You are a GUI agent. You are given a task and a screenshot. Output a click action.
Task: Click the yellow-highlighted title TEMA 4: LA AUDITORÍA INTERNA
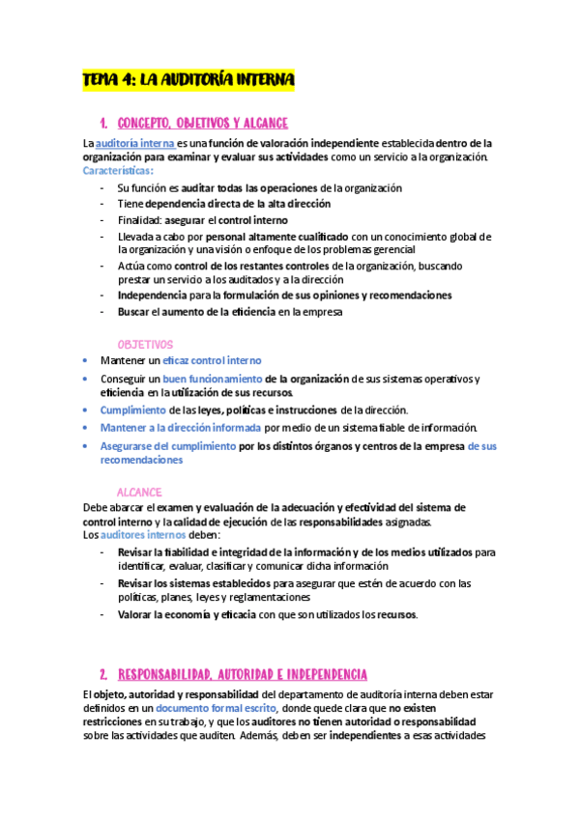pos(188,79)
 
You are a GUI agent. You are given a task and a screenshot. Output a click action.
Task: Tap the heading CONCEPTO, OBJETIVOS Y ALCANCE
pos(202,124)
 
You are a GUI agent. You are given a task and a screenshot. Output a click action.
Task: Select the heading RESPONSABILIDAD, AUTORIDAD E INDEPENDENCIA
pos(242,673)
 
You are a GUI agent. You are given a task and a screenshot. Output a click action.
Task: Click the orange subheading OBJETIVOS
pos(145,344)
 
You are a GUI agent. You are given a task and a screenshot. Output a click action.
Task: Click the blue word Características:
pos(118,171)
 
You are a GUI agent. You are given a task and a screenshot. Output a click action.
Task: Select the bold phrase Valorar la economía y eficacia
pos(192,615)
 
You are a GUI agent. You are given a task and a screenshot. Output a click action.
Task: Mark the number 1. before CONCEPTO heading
pos(102,124)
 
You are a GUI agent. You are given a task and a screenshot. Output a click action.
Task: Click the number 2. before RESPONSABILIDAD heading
pos(102,673)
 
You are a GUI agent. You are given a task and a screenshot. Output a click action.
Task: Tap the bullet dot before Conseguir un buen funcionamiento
pos(86,379)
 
